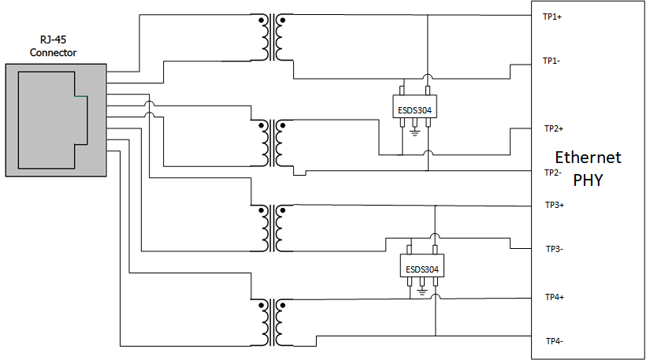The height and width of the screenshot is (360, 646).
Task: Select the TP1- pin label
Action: tap(551, 61)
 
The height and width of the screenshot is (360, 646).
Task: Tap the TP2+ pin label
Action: tap(553, 128)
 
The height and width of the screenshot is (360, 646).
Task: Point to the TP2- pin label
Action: tap(551, 173)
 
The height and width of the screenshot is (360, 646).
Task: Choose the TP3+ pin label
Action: tap(554, 205)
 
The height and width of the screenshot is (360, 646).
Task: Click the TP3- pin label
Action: tap(553, 249)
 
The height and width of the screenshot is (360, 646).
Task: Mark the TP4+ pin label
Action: tap(554, 297)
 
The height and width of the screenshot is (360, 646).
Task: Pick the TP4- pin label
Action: tap(553, 341)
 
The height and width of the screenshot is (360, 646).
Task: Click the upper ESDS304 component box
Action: tap(414, 109)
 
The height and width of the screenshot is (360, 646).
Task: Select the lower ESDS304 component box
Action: tap(422, 269)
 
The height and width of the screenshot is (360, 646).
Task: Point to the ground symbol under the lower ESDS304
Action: tap(422, 291)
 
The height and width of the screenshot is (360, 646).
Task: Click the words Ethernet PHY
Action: tap(588, 168)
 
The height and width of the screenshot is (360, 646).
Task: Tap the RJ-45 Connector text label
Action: tap(54, 46)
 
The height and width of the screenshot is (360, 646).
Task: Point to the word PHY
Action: tap(588, 180)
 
